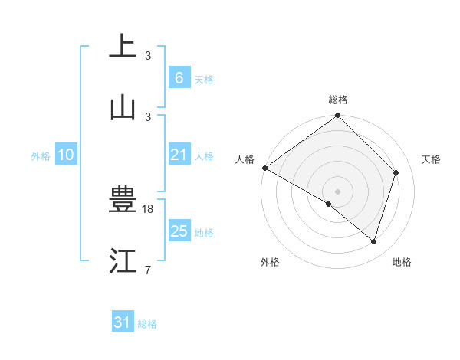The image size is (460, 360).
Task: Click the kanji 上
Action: pyautogui.click(x=123, y=47)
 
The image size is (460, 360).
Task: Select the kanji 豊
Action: pyautogui.click(x=123, y=201)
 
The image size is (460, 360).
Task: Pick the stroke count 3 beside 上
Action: pyautogui.click(x=148, y=55)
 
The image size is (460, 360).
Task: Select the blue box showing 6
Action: pyautogui.click(x=179, y=77)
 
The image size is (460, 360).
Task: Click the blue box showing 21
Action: pyautogui.click(x=179, y=155)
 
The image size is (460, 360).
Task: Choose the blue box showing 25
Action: pyautogui.click(x=179, y=231)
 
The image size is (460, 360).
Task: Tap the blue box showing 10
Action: pyautogui.click(x=66, y=155)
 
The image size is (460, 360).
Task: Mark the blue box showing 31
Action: pyautogui.click(x=122, y=322)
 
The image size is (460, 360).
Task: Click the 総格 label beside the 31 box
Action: pyautogui.click(x=147, y=324)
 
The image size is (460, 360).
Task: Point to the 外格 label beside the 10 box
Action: pyautogui.click(x=41, y=156)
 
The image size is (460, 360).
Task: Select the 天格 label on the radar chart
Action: pyautogui.click(x=431, y=159)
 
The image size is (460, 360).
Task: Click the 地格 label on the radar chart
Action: pyautogui.click(x=402, y=262)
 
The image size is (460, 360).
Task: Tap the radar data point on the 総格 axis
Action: pyautogui.click(x=337, y=116)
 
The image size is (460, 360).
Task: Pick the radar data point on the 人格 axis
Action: pyautogui.click(x=264, y=168)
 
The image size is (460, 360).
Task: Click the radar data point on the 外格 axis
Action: pyautogui.click(x=329, y=204)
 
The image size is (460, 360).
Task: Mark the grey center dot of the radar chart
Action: pyautogui.click(x=337, y=191)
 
